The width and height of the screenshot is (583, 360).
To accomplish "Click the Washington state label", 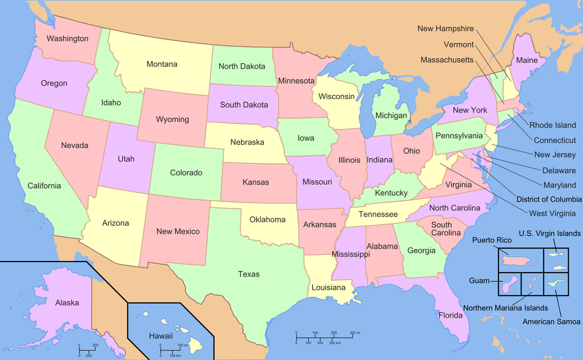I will [67, 39].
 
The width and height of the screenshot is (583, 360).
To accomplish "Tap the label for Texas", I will [249, 274].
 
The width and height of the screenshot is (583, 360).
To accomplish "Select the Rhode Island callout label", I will [552, 125].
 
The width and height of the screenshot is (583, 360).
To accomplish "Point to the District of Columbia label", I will [549, 199].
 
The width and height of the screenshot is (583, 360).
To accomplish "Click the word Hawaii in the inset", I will [161, 336].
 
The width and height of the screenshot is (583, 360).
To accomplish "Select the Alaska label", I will [67, 303].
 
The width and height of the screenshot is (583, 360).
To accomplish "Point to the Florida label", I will [450, 315].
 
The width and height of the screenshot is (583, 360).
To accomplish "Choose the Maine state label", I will [527, 60].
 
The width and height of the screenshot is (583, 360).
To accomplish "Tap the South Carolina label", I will [446, 229].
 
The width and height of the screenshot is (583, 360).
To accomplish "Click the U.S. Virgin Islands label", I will [550, 233].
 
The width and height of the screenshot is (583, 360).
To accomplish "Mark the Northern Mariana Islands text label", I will [506, 308].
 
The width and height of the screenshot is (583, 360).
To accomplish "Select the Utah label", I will [126, 159].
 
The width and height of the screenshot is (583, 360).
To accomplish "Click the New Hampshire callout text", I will [445, 29].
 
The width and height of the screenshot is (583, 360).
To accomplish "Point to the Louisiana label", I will [328, 288].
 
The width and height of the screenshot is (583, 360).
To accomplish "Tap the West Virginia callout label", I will [552, 213].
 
